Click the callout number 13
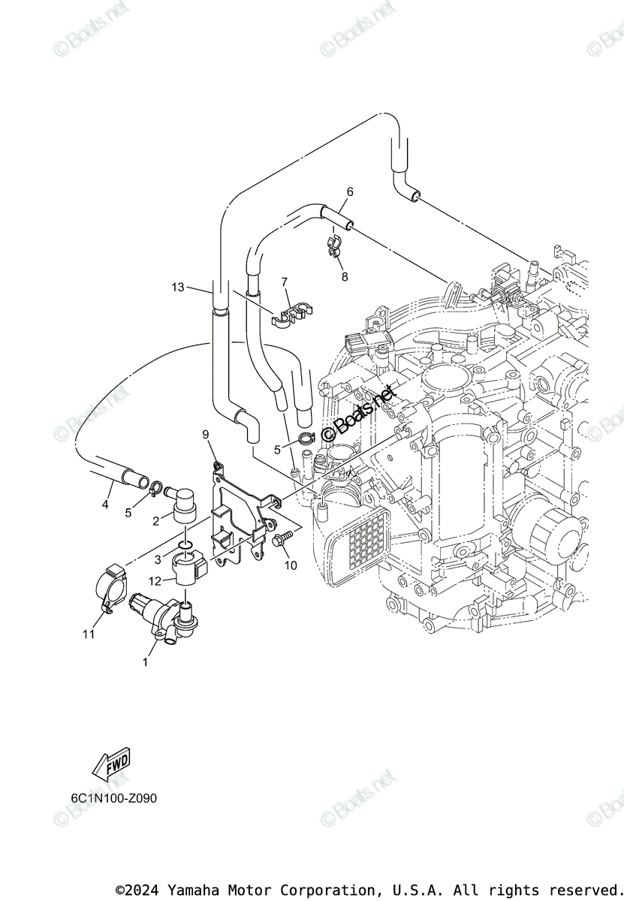tap(177, 287)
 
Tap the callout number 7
tap(285, 282)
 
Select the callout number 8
tap(345, 276)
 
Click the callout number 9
tap(205, 434)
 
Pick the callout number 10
tap(290, 565)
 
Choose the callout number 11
tap(89, 634)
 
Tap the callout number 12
tap(155, 581)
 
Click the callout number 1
tap(145, 662)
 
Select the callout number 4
tap(105, 505)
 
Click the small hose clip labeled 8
tap(334, 246)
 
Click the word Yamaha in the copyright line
tap(190, 890)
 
